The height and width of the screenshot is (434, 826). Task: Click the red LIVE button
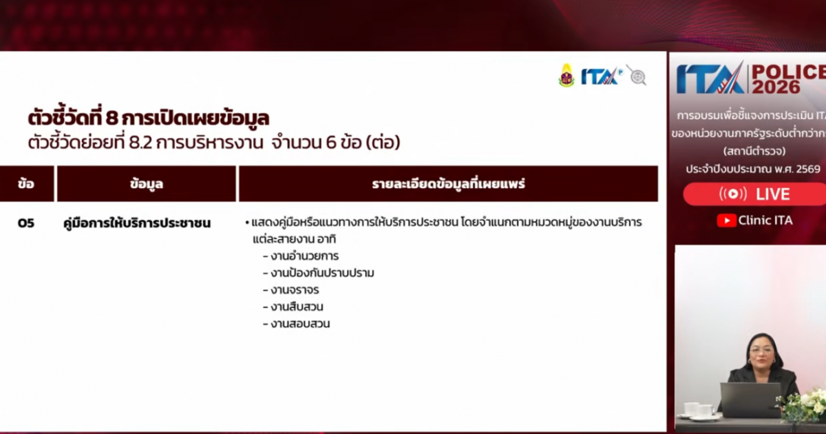(x=754, y=194)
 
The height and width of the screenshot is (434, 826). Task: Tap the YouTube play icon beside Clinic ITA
(x=726, y=220)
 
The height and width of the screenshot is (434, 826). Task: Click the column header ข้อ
(x=26, y=184)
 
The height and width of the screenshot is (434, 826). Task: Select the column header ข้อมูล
(x=147, y=184)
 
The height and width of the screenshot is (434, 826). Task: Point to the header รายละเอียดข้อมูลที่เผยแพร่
(x=448, y=184)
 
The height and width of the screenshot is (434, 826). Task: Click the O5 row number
(x=26, y=223)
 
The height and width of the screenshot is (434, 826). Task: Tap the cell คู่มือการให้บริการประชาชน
(x=137, y=223)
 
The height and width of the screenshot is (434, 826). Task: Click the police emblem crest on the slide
(x=566, y=76)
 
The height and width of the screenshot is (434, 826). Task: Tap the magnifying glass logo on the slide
(x=637, y=75)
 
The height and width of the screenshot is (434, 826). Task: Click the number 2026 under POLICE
(x=776, y=87)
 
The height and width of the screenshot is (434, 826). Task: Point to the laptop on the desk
(x=750, y=400)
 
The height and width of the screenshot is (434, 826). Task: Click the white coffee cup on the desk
(x=691, y=410)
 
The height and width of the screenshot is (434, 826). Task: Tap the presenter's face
(x=762, y=352)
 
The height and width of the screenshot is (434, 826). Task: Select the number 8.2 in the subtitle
(x=140, y=143)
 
